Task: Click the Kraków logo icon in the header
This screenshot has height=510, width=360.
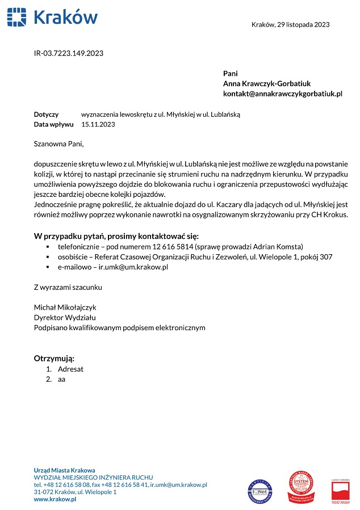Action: point(17,17)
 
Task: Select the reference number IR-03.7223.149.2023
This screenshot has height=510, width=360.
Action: point(69,53)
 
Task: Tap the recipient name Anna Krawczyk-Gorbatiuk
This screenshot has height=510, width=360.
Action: point(267,83)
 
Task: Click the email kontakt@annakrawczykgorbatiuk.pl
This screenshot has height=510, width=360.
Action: point(282,94)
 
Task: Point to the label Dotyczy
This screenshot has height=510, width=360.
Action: point(46,115)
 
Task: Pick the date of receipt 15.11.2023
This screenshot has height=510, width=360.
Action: point(98,124)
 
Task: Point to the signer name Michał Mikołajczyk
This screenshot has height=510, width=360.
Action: point(65,307)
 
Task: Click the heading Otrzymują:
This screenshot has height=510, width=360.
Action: point(55,359)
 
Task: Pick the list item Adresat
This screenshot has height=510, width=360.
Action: point(70,369)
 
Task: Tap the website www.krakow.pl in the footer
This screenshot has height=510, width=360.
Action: point(55,499)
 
